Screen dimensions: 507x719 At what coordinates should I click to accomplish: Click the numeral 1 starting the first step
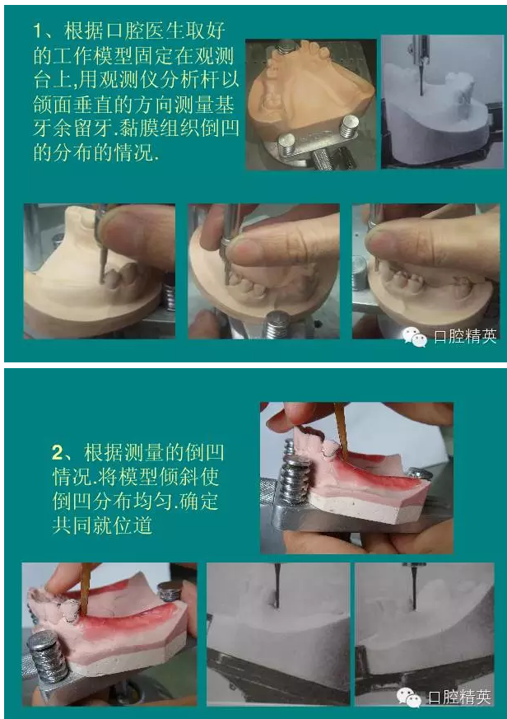click(38, 30)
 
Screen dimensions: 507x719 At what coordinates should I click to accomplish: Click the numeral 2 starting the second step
click(58, 453)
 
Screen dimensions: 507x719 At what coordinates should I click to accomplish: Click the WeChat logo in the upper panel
click(414, 337)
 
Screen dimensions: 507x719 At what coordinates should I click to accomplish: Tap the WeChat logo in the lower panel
click(409, 698)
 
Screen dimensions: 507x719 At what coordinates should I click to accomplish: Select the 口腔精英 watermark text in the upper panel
click(465, 337)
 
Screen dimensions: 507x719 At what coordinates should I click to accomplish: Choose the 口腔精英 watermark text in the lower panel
click(459, 698)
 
